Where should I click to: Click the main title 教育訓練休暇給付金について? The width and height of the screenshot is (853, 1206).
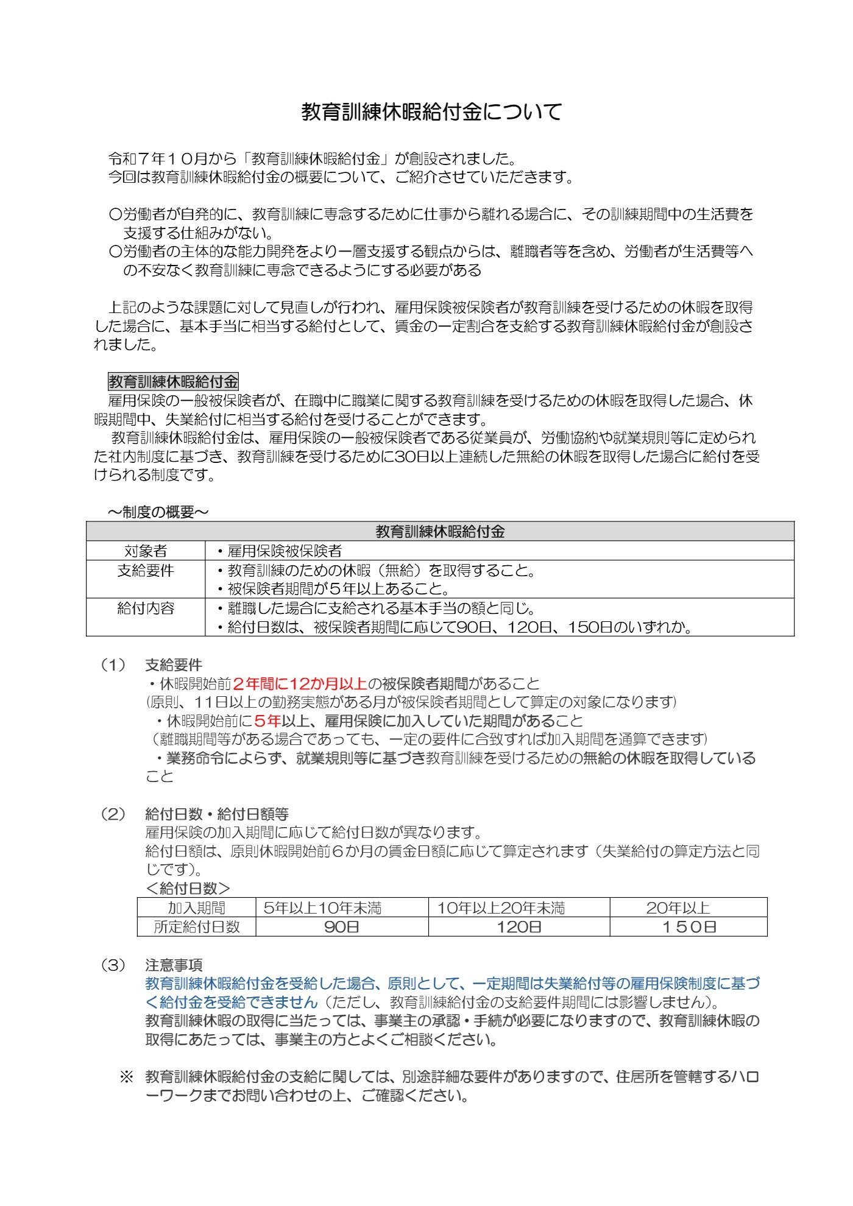pos(431,111)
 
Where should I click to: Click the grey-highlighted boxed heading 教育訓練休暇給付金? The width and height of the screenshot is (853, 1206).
pos(173,382)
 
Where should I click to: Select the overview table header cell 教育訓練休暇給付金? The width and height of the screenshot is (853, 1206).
pos(440,532)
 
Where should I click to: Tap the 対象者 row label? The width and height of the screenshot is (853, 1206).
pos(146,551)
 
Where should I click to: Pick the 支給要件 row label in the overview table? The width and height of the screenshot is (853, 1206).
pos(146,571)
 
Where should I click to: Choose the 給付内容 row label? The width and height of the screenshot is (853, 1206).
pos(146,608)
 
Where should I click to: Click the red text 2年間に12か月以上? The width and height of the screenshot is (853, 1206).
pos(300,684)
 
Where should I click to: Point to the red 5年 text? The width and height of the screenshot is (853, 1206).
pos(267,721)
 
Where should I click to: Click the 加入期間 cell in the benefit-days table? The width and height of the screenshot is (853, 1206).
pos(196,908)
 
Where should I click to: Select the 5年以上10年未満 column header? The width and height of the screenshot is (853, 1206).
pos(322,908)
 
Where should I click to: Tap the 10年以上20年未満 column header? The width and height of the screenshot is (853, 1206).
pos(501,908)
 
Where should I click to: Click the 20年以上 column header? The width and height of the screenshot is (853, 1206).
pos(678,908)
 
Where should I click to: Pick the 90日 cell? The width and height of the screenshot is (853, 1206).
pos(341,927)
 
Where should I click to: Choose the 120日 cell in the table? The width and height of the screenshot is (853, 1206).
pos(519,927)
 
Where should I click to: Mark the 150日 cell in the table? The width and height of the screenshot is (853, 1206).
pos(688,927)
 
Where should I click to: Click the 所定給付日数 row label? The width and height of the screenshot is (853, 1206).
pos(196,927)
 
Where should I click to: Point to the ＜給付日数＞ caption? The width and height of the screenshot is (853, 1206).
pos(188,889)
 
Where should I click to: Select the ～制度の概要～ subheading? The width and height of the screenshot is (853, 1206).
pos(158,512)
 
